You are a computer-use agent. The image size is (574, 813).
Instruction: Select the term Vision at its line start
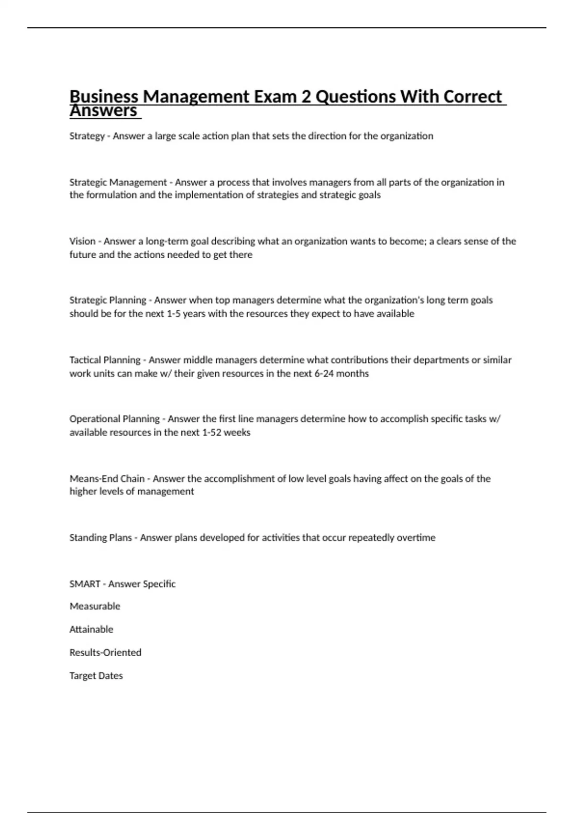pos(82,241)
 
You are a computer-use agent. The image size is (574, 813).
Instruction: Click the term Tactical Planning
pos(105,360)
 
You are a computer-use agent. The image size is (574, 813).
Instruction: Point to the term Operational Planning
pos(114,419)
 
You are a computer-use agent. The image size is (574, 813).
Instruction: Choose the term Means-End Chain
pos(107,478)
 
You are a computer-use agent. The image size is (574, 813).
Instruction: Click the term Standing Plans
pos(100,538)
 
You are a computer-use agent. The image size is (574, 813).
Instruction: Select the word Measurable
pos(95,606)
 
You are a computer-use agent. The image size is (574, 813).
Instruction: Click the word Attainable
pos(91,629)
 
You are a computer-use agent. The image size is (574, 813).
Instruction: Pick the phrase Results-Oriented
pos(105,652)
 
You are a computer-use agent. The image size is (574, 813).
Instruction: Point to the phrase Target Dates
pos(96,676)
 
